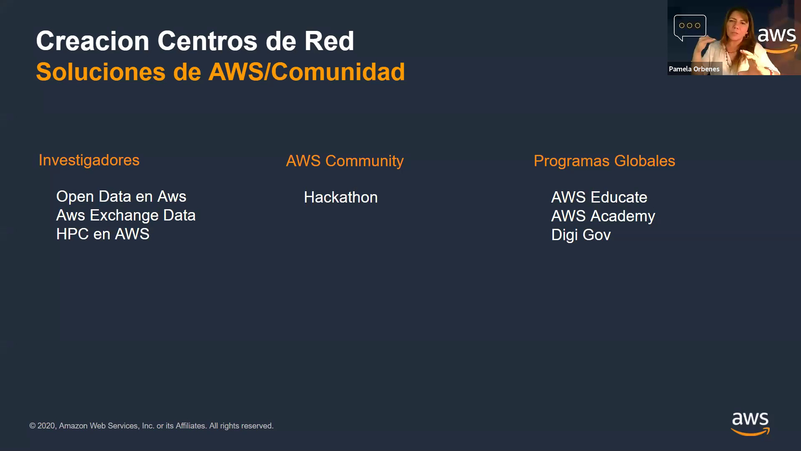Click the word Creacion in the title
[x=93, y=41]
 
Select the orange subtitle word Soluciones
[x=101, y=72]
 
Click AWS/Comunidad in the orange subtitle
[x=307, y=72]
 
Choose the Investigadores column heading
[x=89, y=160]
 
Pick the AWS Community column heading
[x=345, y=161]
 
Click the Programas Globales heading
[x=604, y=161]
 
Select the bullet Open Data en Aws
[x=121, y=197]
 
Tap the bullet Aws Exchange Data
[x=126, y=215]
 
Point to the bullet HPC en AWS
[x=103, y=234]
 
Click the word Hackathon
[x=340, y=198]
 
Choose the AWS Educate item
[x=599, y=198]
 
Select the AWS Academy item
[x=603, y=216]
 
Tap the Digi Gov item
[x=581, y=235]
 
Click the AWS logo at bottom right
[x=750, y=423]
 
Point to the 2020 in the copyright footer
[x=46, y=426]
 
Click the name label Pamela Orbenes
[x=694, y=69]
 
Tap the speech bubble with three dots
[x=690, y=26]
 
